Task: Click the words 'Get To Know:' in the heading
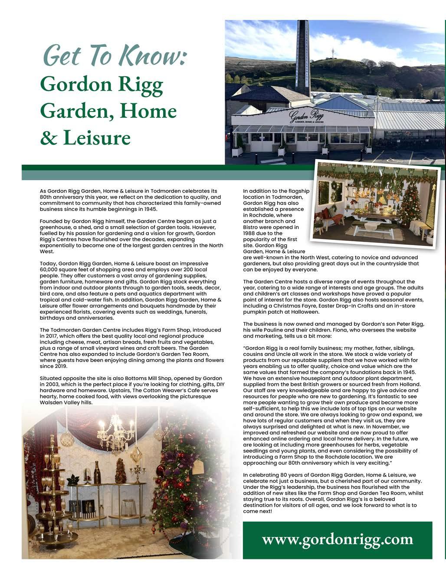click(x=115, y=55)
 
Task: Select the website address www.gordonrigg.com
click(x=337, y=539)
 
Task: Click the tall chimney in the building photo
click(x=302, y=56)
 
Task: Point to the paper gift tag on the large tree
click(x=197, y=466)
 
